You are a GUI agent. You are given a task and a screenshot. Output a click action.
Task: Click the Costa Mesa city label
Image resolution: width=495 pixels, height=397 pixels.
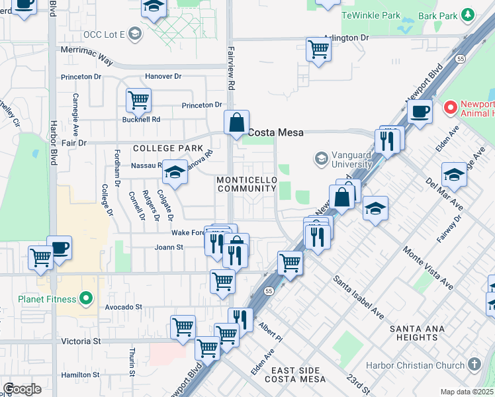tap(275, 132)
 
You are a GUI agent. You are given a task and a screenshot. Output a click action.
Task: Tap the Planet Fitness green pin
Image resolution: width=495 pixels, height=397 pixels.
tap(85, 299)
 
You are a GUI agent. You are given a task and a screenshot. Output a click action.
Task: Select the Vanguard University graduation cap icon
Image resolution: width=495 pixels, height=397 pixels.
tap(322, 159)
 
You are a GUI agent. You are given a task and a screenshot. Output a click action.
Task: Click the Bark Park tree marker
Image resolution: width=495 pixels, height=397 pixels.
tap(469, 15)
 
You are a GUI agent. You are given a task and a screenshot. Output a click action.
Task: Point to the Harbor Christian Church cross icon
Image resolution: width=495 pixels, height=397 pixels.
tap(474, 365)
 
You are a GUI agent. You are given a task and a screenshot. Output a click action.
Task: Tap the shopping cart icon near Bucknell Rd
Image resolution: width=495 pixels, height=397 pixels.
tap(138, 101)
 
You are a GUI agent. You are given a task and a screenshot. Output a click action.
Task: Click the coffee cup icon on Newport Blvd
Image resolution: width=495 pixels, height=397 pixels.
tap(420, 110)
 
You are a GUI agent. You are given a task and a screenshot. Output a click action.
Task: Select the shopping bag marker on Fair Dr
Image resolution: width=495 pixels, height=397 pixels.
tap(236, 122)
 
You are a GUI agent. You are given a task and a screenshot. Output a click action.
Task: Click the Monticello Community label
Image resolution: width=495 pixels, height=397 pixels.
tap(246, 185)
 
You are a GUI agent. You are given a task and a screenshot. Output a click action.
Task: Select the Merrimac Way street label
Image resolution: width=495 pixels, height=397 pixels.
tap(87, 58)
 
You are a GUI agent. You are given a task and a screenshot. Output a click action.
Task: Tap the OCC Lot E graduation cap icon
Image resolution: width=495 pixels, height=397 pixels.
tap(135, 33)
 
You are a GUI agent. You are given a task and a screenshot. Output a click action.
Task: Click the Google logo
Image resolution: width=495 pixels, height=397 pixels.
tap(22, 389)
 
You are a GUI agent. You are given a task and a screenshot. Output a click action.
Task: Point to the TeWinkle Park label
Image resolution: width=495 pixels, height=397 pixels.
tap(371, 15)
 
